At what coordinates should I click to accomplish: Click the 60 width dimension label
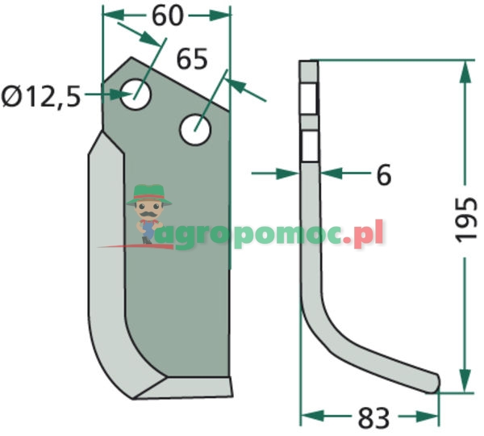(167, 15)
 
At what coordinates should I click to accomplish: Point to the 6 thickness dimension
(383, 174)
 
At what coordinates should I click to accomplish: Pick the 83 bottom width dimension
(371, 418)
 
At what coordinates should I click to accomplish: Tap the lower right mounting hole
(195, 129)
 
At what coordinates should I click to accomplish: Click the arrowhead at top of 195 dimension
(464, 73)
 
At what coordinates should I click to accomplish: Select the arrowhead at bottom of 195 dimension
(464, 379)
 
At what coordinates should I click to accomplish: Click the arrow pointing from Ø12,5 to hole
(105, 95)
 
